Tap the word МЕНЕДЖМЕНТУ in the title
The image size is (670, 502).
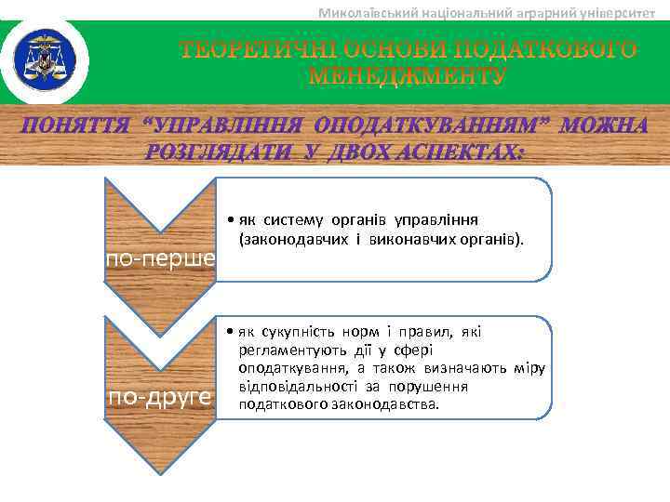[x=408, y=77]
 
